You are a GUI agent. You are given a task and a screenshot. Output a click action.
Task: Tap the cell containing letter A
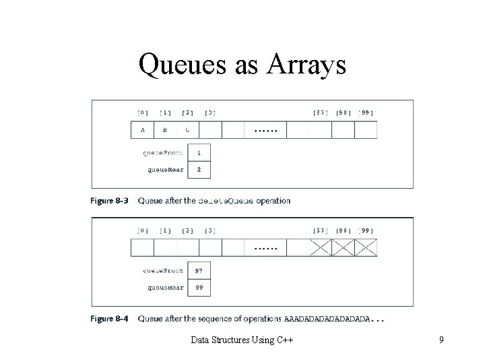pyautogui.click(x=142, y=130)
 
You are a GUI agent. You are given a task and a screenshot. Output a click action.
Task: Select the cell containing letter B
pyautogui.click(x=166, y=130)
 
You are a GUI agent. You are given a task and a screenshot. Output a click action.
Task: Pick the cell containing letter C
pyautogui.click(x=187, y=130)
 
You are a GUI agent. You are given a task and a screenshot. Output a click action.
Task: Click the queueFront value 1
pyautogui.click(x=199, y=153)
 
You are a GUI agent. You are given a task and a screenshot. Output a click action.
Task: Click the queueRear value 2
pyautogui.click(x=199, y=169)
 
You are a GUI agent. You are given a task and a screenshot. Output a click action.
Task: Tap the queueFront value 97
pyautogui.click(x=199, y=271)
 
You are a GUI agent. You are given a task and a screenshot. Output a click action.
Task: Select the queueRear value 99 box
pyautogui.click(x=199, y=287)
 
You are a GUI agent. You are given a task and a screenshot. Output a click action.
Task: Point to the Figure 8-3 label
pyautogui.click(x=111, y=201)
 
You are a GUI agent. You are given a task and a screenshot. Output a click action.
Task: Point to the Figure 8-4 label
pyautogui.click(x=111, y=319)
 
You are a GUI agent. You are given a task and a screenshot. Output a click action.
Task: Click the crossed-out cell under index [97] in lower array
pyautogui.click(x=321, y=248)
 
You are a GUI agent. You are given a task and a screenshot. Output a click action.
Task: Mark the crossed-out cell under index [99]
pyautogui.click(x=366, y=248)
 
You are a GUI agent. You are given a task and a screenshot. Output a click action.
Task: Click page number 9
pyautogui.click(x=441, y=340)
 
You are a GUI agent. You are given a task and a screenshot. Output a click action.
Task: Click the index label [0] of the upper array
pyautogui.click(x=143, y=113)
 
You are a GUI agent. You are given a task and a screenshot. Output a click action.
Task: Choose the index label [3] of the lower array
pyautogui.click(x=210, y=231)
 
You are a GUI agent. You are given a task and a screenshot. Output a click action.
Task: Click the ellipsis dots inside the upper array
pyautogui.click(x=265, y=130)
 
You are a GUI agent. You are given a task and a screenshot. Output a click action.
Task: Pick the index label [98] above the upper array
pyautogui.click(x=343, y=113)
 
